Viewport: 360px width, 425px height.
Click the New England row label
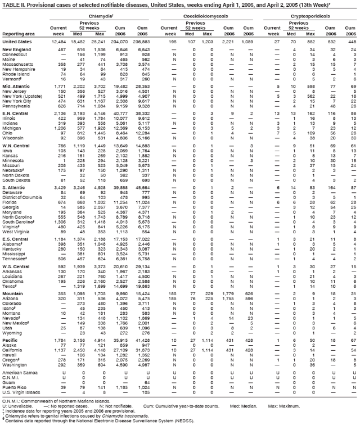click(15, 49)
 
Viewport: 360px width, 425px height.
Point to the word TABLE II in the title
click(12, 4)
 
